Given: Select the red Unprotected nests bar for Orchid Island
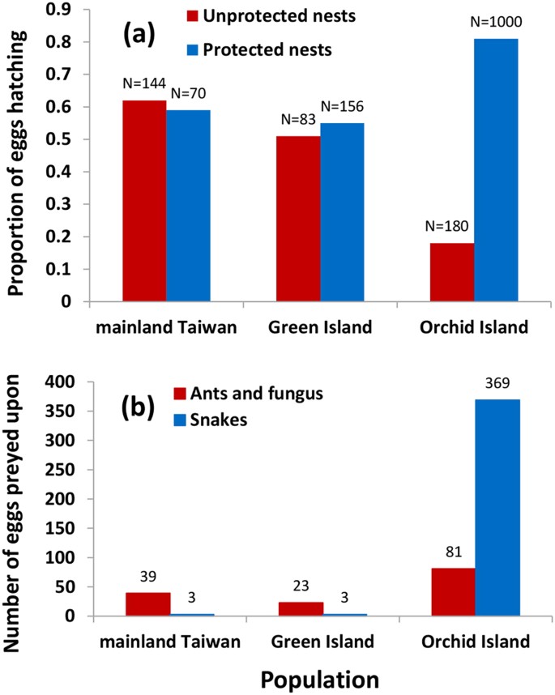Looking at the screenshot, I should coord(452,272).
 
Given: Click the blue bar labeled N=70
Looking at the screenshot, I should coord(188,206).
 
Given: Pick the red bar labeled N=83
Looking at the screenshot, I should coord(298,219).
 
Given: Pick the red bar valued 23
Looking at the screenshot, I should coord(298,609).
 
